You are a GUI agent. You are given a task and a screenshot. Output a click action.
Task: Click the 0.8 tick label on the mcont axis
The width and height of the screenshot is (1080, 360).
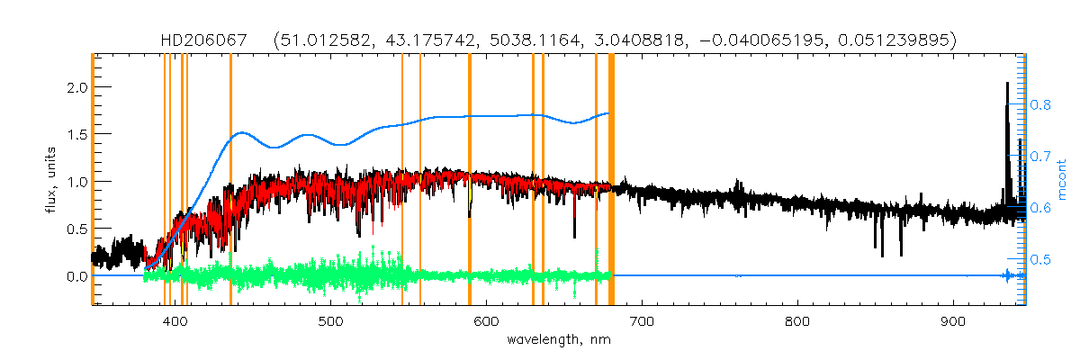pos(1041,104)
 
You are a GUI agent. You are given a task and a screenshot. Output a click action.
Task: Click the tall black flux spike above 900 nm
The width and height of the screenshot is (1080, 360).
pos(1006,99)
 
